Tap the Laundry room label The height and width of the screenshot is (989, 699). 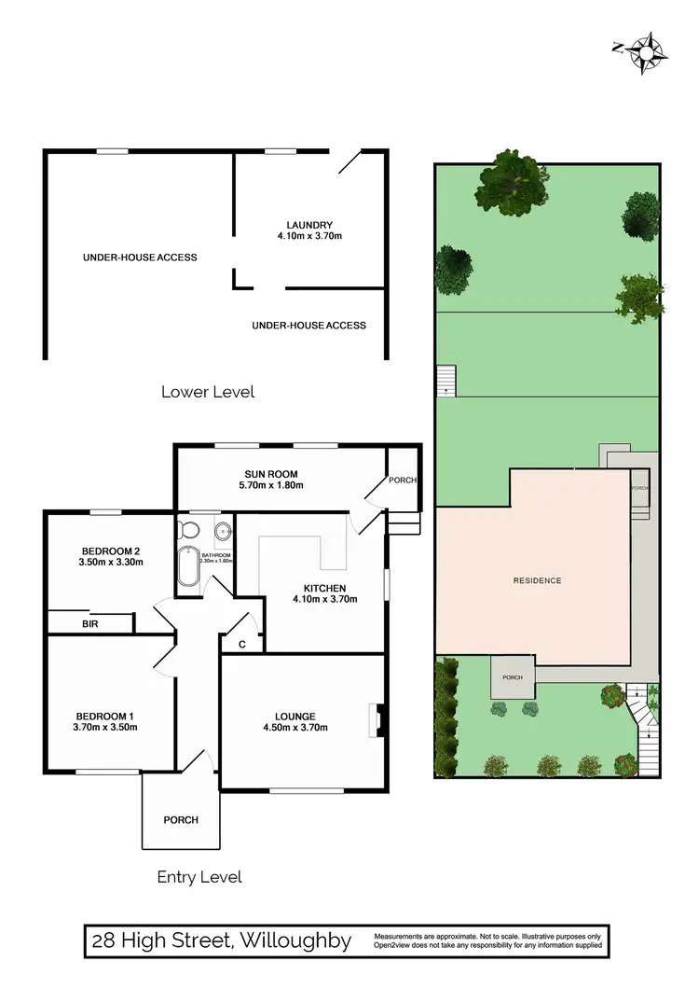[309, 224]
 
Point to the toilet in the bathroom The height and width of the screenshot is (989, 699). [189, 531]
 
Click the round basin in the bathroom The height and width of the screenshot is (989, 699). [223, 532]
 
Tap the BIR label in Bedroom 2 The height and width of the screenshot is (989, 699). [90, 623]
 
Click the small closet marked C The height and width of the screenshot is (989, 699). [241, 643]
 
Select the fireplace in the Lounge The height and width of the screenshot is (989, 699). [376, 720]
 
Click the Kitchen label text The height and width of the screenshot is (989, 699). [324, 588]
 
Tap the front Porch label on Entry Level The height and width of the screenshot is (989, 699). [180, 820]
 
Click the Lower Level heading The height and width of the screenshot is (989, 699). [208, 392]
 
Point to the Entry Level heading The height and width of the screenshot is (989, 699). [199, 877]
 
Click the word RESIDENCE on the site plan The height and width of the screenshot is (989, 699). [538, 580]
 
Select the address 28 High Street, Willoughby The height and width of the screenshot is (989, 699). [221, 940]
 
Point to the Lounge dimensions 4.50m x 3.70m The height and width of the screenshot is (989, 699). [295, 728]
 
